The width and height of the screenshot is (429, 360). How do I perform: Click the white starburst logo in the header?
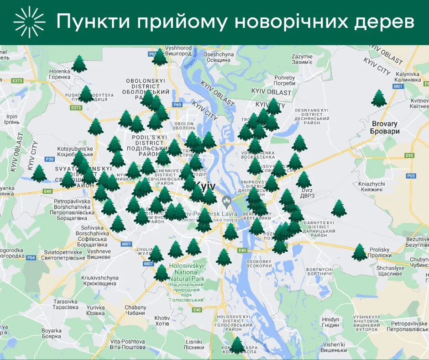(30, 22)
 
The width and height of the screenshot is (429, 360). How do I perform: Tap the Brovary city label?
(385, 127)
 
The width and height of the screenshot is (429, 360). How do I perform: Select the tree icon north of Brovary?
(379, 99)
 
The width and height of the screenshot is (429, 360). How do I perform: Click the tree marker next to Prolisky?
(360, 253)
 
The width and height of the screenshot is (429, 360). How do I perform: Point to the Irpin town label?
(11, 119)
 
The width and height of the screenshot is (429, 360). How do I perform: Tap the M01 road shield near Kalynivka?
(398, 86)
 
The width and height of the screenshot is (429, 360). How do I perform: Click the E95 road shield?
(409, 156)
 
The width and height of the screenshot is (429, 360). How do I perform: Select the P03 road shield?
(411, 176)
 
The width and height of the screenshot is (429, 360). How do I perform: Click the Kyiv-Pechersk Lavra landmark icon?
(225, 201)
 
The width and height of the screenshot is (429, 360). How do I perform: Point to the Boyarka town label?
(51, 333)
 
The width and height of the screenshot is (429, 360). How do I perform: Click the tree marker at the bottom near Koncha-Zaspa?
(237, 345)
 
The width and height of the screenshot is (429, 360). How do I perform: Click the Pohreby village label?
(284, 80)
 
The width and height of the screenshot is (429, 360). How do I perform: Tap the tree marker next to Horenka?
(79, 64)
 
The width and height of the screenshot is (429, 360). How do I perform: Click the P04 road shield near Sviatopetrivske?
(31, 258)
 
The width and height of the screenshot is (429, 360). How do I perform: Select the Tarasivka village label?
(66, 305)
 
